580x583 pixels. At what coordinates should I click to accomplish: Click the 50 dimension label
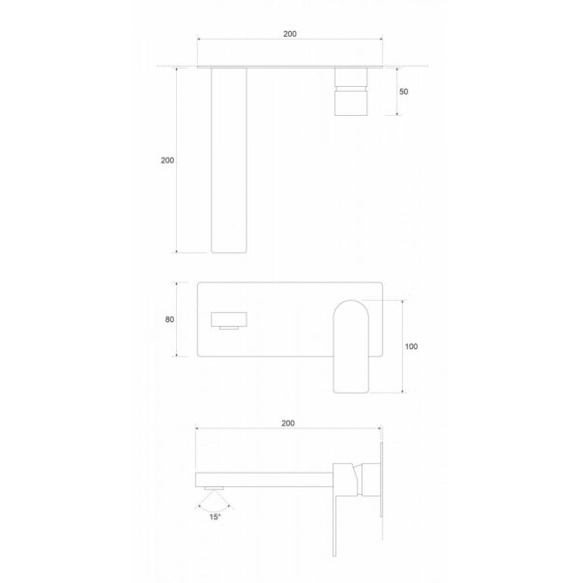pos(405,91)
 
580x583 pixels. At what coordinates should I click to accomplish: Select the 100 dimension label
pos(412,345)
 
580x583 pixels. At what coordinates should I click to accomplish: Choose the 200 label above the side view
pos(288,423)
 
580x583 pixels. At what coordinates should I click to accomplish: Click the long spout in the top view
pos(228,160)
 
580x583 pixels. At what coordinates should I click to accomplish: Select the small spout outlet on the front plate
pos(229,319)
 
